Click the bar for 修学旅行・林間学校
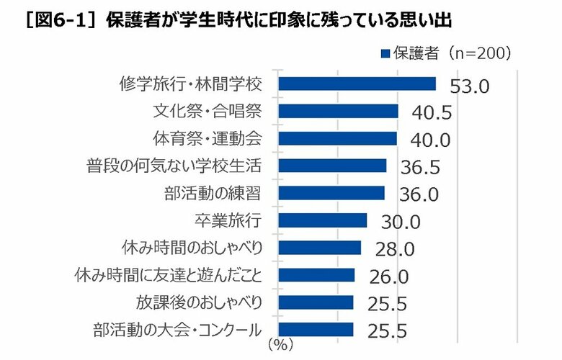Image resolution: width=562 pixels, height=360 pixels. [x=357, y=84]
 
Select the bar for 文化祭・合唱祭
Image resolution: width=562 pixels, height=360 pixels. [x=338, y=111]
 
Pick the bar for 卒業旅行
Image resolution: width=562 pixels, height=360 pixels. [x=322, y=220]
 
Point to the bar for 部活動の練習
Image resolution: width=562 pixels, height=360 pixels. [x=331, y=193]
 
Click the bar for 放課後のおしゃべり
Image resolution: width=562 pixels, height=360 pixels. [x=316, y=302]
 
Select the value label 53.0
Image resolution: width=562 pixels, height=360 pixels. [x=469, y=86]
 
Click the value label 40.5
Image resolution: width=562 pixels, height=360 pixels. [x=430, y=113]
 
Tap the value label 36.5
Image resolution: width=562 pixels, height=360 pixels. [x=419, y=168]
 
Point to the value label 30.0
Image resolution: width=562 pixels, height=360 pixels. [x=400, y=222]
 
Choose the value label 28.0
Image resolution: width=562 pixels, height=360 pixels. [x=395, y=250]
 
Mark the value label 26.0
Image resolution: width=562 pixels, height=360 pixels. [x=389, y=277]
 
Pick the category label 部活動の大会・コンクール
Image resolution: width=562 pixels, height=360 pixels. [x=177, y=330]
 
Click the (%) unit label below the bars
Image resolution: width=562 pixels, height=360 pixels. [x=280, y=345]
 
